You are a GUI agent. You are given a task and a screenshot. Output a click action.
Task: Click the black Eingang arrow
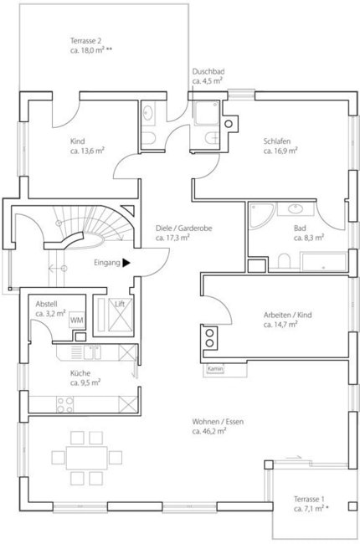126,263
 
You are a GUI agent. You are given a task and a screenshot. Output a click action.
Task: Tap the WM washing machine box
77,320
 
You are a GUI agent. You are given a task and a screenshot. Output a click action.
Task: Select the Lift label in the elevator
120,304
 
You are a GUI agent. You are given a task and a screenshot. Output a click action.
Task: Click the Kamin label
215,368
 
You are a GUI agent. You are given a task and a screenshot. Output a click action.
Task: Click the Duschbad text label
208,71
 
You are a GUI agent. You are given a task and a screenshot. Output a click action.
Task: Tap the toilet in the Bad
284,261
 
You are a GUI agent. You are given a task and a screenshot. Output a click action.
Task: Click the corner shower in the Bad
261,215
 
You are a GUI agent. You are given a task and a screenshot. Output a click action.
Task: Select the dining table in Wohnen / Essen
87,458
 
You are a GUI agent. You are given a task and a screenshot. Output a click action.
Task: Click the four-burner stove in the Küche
65,404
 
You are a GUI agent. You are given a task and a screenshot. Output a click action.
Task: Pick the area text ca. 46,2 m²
209,432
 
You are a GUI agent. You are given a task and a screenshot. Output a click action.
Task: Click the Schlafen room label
277,141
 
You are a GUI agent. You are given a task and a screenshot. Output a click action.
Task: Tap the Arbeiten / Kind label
288,315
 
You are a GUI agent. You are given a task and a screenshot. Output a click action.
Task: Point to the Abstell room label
46,305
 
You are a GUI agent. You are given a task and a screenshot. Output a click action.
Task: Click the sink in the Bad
296,209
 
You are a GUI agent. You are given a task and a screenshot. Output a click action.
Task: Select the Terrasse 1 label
309,500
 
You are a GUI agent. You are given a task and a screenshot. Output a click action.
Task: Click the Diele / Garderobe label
184,228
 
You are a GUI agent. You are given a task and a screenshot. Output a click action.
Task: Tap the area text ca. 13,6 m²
87,151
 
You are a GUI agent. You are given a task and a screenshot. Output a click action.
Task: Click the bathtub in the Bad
323,262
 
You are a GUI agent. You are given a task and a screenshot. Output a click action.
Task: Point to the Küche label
80,373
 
